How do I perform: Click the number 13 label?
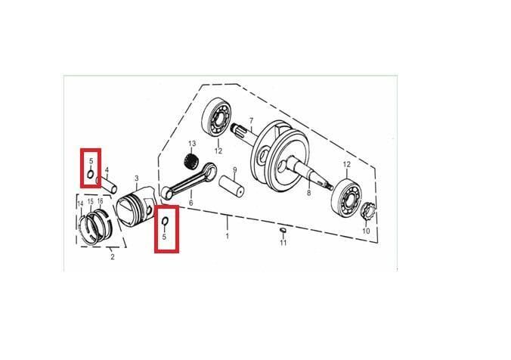[x=192, y=144]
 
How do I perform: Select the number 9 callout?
[x=235, y=169]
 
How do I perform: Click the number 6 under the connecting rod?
[x=190, y=203]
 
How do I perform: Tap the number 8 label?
[x=308, y=194]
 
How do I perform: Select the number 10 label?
[x=367, y=231]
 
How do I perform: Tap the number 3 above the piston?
[x=137, y=178]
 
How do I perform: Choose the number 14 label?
[x=81, y=202]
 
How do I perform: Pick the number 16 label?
[x=101, y=201]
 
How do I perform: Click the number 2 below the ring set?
[x=112, y=257]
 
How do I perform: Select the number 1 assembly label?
[x=228, y=237]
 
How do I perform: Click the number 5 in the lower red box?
[x=164, y=236]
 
